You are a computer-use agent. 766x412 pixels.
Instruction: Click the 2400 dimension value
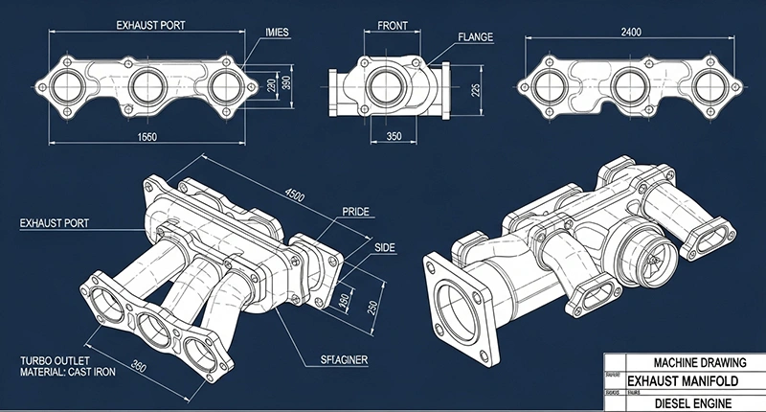(630, 32)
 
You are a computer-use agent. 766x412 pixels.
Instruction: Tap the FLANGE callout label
(475, 37)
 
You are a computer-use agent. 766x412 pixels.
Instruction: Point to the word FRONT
(393, 27)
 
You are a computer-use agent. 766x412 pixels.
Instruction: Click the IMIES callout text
(276, 32)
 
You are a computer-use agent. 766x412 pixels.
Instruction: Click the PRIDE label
(354, 211)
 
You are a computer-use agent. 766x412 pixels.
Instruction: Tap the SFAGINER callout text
(346, 360)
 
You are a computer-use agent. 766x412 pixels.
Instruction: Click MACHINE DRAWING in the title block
(693, 364)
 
